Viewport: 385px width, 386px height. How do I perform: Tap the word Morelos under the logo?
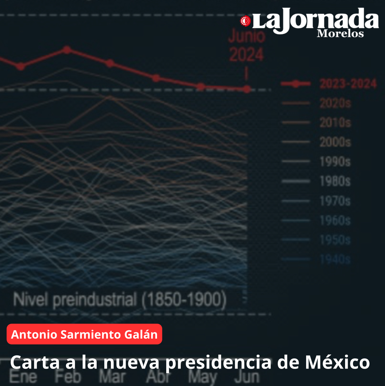(x=340, y=34)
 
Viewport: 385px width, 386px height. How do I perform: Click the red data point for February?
(x=67, y=50)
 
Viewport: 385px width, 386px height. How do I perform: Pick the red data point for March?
(x=110, y=63)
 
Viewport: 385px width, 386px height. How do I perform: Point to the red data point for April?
(x=156, y=78)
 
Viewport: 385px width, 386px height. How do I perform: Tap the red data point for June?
(x=247, y=89)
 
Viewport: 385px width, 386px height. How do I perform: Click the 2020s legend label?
(x=335, y=103)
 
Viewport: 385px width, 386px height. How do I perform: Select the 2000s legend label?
(x=335, y=142)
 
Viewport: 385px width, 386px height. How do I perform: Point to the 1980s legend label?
(x=335, y=181)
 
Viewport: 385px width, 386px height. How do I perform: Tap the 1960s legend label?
(x=335, y=220)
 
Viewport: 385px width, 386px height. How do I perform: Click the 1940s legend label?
(x=335, y=260)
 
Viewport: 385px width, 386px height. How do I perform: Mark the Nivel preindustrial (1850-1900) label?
(x=120, y=300)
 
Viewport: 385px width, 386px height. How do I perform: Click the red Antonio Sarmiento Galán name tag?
(x=84, y=334)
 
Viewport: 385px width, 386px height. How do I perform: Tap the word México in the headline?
(x=337, y=362)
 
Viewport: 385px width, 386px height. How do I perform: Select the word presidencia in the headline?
(x=218, y=362)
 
